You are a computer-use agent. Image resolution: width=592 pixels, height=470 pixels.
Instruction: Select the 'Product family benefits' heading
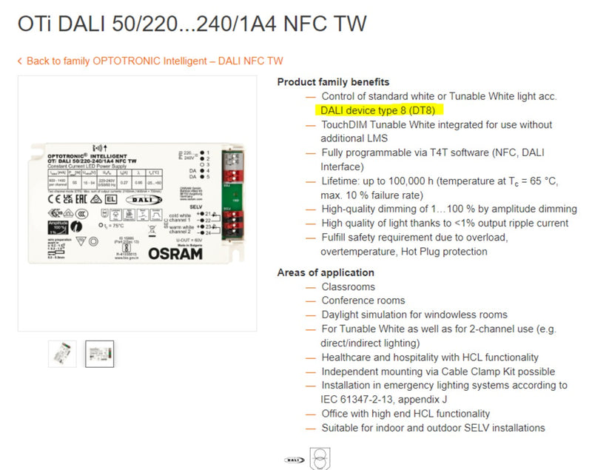333,82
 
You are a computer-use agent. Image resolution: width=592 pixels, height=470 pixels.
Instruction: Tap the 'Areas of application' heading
326,272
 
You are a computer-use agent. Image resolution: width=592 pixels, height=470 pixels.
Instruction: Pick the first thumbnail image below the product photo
62,353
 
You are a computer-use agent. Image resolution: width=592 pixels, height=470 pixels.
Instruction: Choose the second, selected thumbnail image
100,353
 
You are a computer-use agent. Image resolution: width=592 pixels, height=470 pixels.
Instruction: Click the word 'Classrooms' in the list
348,286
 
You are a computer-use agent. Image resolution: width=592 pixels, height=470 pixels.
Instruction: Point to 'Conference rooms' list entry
363,301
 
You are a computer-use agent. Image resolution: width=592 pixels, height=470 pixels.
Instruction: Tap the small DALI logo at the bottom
294,459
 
